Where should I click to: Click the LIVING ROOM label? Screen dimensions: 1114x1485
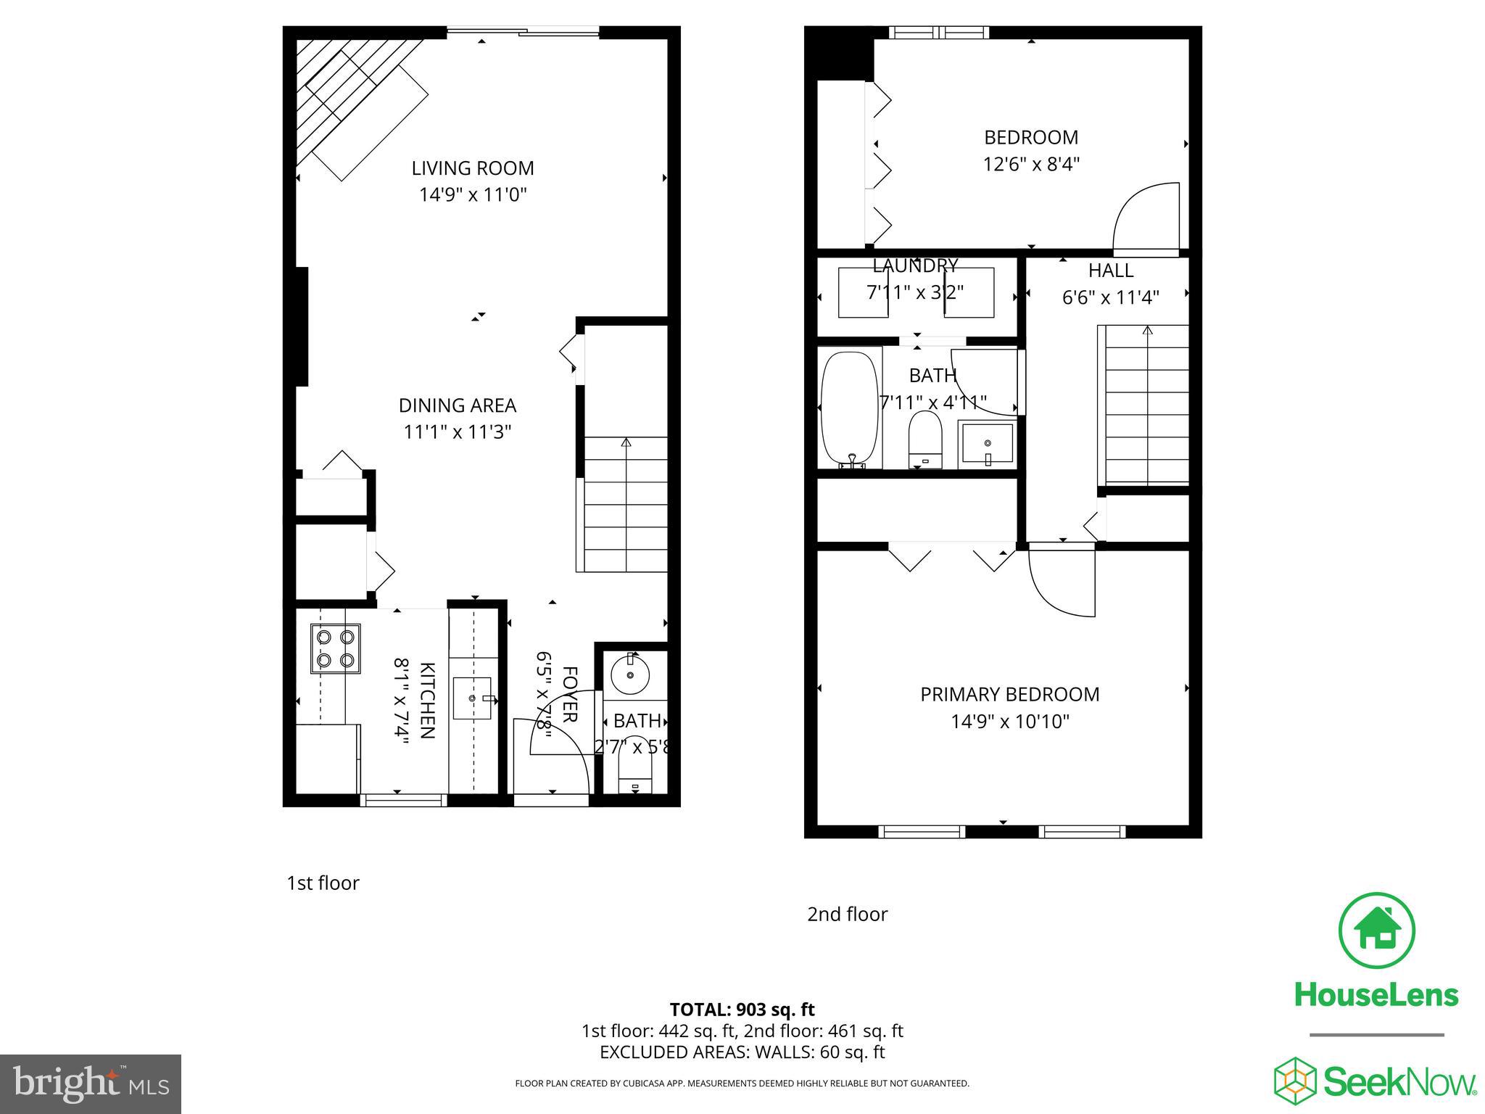point(473,168)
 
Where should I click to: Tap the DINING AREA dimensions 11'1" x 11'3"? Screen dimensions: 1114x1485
point(458,432)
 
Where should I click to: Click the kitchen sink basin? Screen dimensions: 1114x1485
point(472,698)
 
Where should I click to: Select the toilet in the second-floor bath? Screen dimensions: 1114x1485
point(924,440)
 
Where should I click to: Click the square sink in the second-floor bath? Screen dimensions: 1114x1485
point(987,445)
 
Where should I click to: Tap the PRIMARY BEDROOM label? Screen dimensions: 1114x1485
point(1009,695)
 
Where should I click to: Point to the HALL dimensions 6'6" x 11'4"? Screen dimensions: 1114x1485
point(1110,297)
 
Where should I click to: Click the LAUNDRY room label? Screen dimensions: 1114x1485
point(915,265)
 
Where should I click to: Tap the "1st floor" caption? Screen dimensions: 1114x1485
point(323,883)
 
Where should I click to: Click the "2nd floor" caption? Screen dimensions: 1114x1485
point(847,915)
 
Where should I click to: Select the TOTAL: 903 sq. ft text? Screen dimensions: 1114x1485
point(742,1010)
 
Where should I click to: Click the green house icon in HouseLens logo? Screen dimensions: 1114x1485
point(1376,931)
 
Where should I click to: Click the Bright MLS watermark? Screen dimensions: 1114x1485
point(91,1084)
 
